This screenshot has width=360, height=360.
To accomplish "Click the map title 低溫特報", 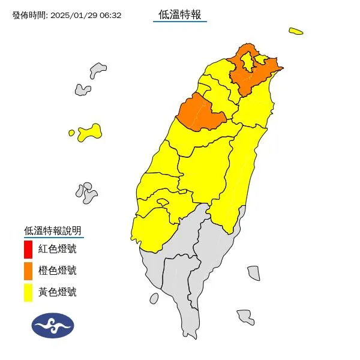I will point(180,14).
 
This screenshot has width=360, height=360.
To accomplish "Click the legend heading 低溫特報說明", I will point(52,230).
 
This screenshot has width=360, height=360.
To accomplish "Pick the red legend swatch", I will point(28,248).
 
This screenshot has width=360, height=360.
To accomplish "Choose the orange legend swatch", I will point(28,271).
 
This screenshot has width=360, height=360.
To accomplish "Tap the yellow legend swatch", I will point(28,292).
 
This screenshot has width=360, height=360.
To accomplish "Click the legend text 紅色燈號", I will point(58,248).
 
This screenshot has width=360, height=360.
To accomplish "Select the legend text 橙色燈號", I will point(58,271).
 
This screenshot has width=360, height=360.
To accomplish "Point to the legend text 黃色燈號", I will point(58,292).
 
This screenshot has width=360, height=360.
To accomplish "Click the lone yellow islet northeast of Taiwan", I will point(295,31).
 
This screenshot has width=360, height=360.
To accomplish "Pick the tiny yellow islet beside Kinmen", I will point(71,133).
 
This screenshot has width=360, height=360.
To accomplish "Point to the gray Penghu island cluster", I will point(88,193).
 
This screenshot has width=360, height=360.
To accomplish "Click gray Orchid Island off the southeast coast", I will point(245,315).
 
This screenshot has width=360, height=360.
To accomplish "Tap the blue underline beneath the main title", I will point(180,22).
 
